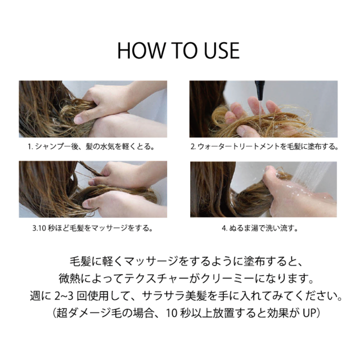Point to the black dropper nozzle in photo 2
[260, 90]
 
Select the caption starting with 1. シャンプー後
[91, 146]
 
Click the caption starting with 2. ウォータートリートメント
[264, 146]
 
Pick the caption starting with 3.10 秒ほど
[92, 228]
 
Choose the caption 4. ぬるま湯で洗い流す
[260, 228]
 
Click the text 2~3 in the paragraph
[64, 296]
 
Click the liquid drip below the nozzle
[260, 112]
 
